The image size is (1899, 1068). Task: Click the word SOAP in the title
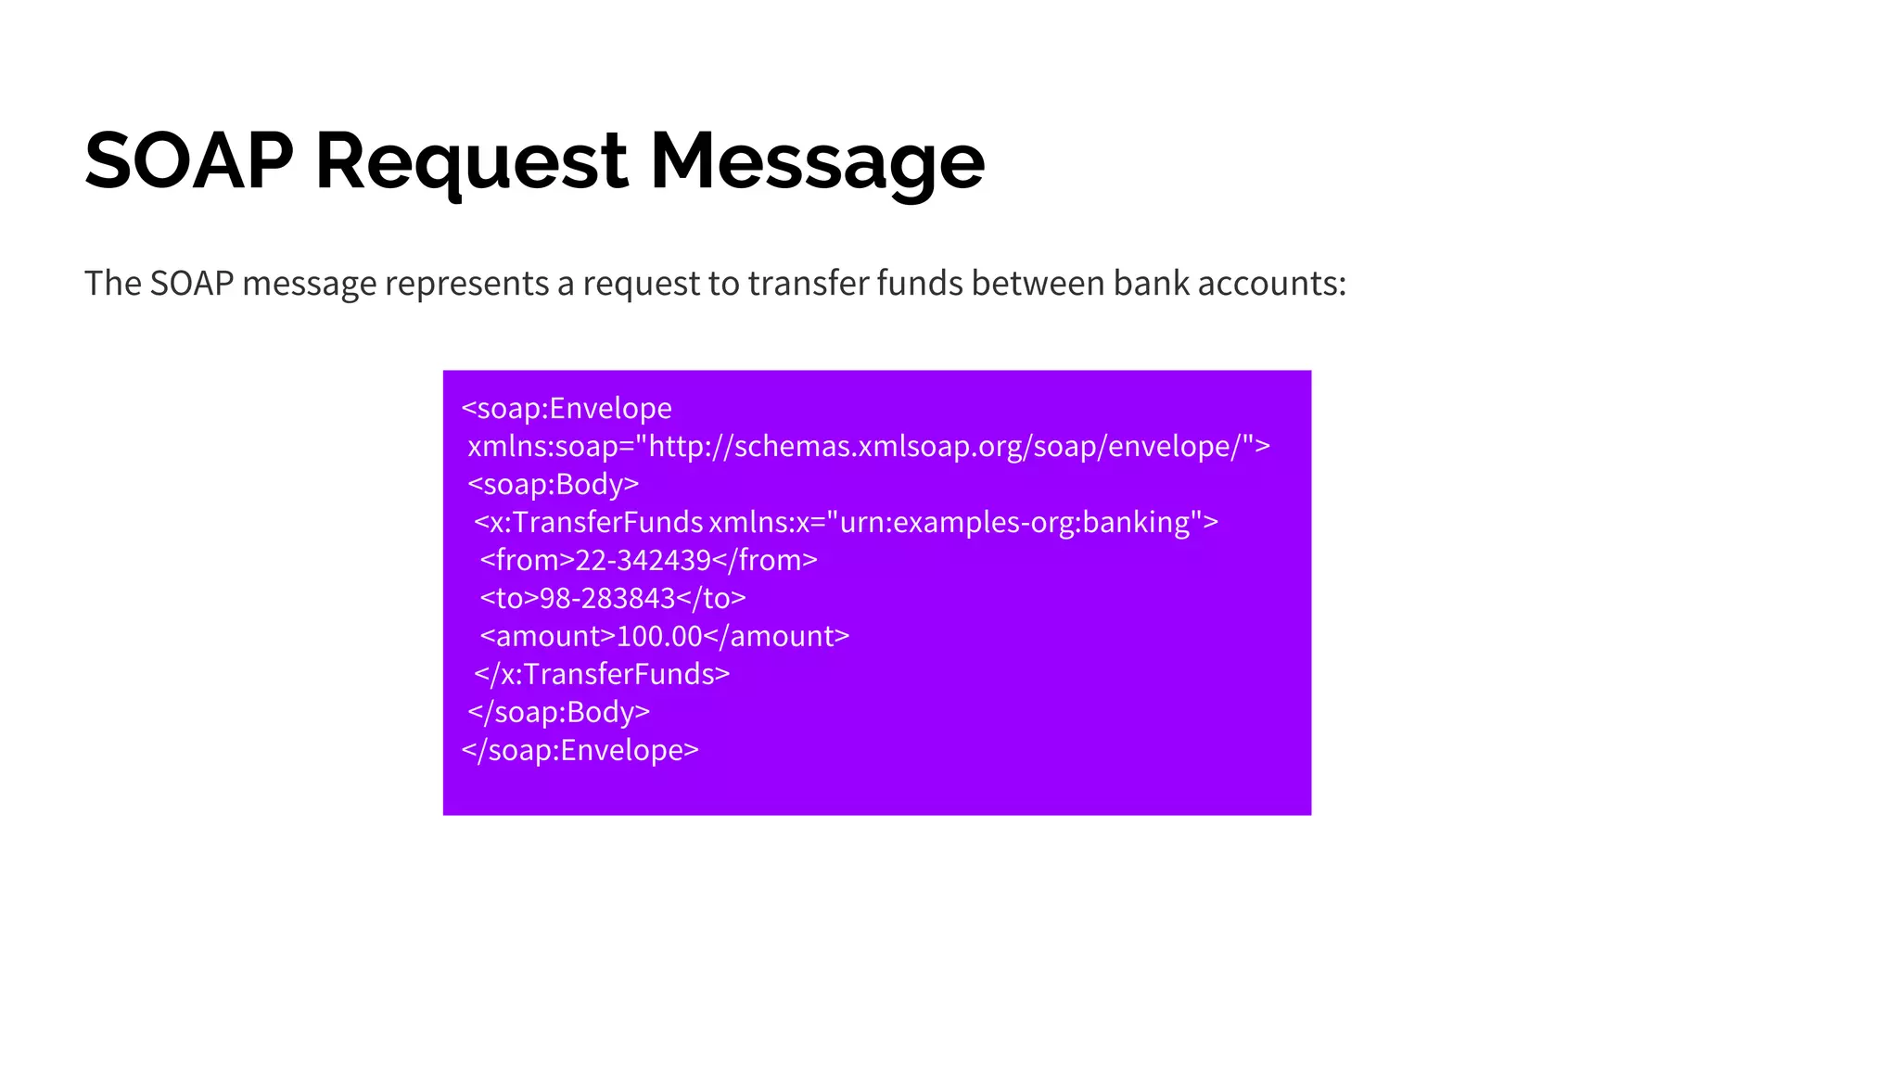(188, 161)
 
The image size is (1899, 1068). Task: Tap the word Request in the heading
(471, 161)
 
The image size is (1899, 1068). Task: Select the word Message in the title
(817, 161)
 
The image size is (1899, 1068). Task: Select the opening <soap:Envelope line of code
(567, 408)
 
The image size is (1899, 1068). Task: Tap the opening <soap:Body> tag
(554, 484)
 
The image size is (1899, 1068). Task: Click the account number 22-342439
(643, 560)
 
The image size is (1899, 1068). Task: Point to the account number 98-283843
(607, 598)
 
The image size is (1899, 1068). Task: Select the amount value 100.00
(659, 636)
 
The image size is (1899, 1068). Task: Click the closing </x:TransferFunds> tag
(602, 674)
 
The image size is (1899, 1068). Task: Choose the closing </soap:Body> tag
(559, 712)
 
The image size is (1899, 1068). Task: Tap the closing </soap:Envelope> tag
(580, 750)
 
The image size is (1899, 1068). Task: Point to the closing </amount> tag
(776, 636)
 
